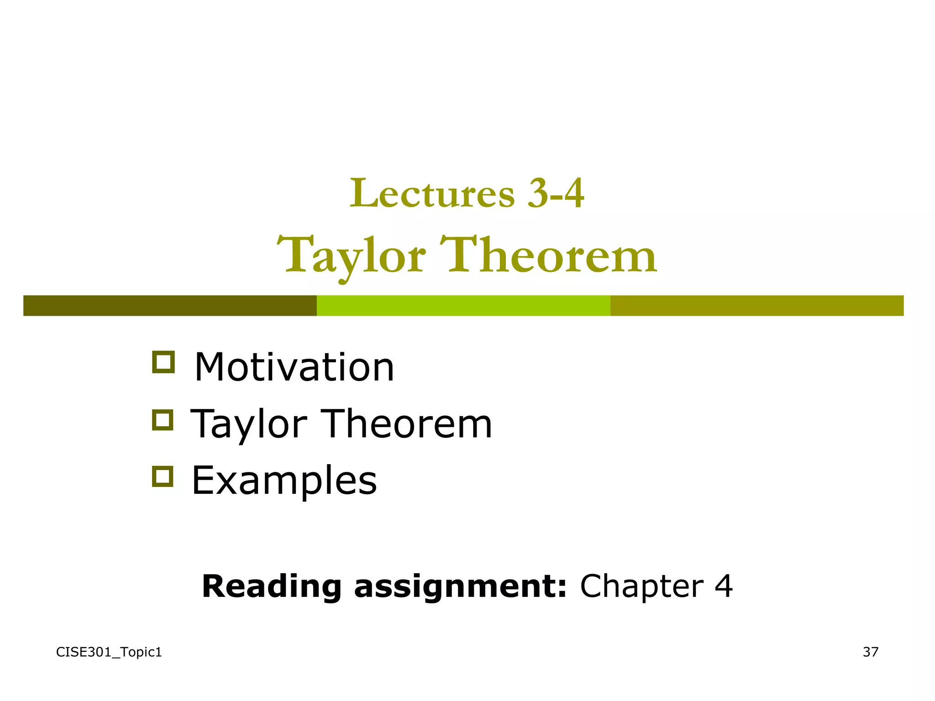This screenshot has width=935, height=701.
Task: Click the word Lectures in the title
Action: [x=432, y=194]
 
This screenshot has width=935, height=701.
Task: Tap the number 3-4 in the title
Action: [x=556, y=194]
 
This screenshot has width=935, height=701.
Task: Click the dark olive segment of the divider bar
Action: [x=170, y=305]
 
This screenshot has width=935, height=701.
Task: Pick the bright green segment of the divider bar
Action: [x=463, y=305]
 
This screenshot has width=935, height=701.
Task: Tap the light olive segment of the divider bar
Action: [x=757, y=305]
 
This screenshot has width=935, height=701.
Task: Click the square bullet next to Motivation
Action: [x=163, y=362]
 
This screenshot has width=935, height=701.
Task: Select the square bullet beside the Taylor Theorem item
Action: [x=163, y=419]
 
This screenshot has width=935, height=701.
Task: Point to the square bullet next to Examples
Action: [x=163, y=476]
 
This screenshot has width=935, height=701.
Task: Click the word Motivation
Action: [x=294, y=367]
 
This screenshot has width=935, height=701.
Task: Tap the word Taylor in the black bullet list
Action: [x=249, y=424]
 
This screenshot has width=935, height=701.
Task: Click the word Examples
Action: [x=284, y=481]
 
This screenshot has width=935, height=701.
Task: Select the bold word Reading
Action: [x=272, y=586]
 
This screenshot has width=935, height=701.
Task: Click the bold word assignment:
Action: [x=460, y=586]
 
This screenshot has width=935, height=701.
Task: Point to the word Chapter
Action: [x=641, y=586]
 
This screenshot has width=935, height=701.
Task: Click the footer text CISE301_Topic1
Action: [x=109, y=652]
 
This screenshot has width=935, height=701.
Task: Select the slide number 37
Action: [x=870, y=652]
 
